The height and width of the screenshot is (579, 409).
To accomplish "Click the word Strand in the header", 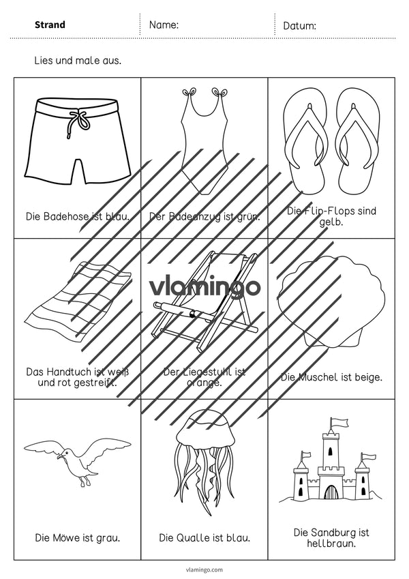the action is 50,25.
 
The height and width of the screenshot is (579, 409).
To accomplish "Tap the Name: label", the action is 164,25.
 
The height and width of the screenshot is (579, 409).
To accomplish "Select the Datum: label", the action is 299,26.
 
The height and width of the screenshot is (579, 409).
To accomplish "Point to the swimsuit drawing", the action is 204,140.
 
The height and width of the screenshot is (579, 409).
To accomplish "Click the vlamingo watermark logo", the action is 204,287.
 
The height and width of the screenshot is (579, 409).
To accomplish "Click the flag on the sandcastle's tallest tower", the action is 339,421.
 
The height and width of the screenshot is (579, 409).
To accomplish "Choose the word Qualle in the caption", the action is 192,537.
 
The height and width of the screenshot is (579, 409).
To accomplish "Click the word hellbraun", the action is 331,544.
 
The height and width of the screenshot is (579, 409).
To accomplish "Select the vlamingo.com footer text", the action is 205,569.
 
